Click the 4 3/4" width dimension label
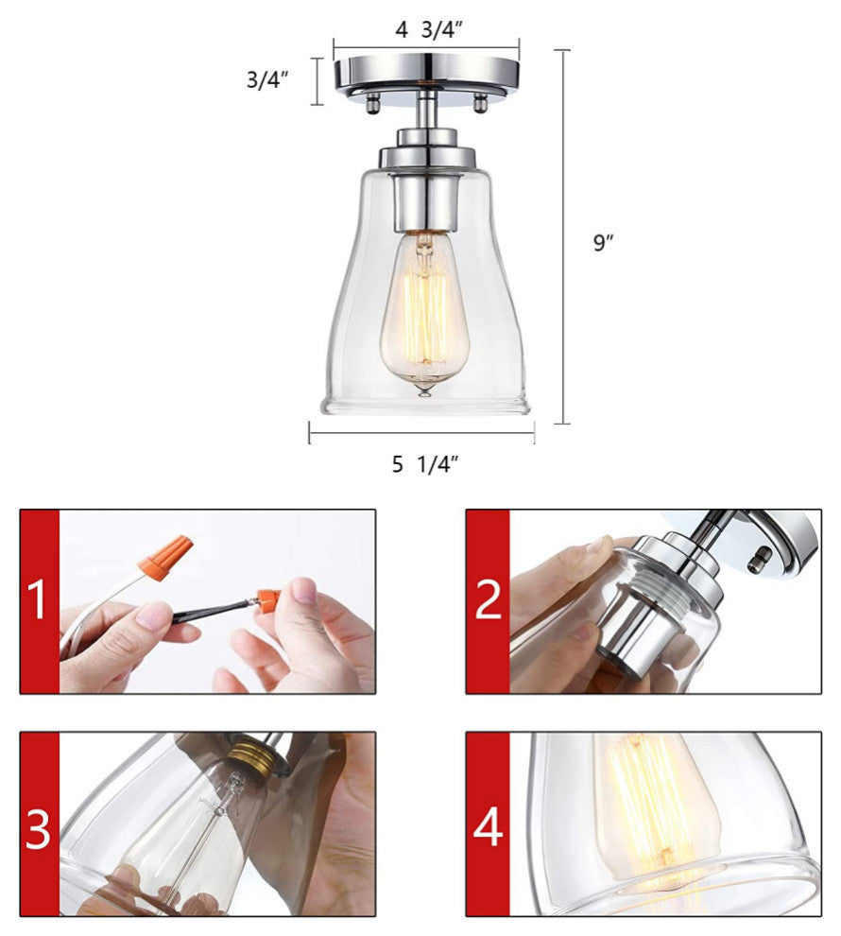[x=429, y=29]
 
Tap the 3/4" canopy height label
[x=267, y=78]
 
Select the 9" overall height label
[x=603, y=242]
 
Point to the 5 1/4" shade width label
[x=424, y=464]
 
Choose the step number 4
[x=488, y=827]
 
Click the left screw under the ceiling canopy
[x=373, y=103]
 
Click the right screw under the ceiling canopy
[x=479, y=102]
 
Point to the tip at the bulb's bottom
[x=424, y=391]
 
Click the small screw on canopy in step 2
[x=760, y=562]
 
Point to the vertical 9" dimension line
[x=562, y=237]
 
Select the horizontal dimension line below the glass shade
[x=421, y=433]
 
